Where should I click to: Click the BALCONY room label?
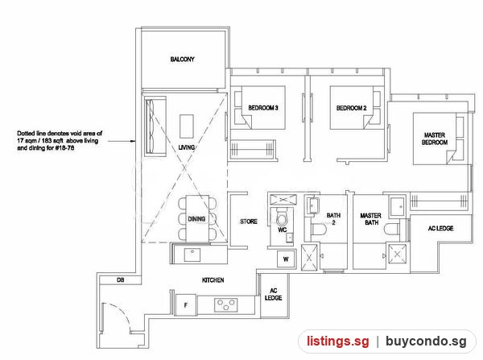[183, 59]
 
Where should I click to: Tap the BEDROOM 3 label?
[263, 108]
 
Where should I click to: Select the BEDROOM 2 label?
[352, 108]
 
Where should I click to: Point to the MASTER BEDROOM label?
[435, 139]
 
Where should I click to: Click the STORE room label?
[249, 221]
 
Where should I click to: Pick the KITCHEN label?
[213, 280]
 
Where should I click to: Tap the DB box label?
[121, 280]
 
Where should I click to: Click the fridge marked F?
[186, 304]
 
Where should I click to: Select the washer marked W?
[286, 259]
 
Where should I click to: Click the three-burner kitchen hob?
[225, 304]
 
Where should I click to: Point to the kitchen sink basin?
[192, 255]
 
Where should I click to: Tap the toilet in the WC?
[281, 217]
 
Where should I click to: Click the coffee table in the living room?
[187, 126]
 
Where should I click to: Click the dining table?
[197, 218]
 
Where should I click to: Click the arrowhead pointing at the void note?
[133, 141]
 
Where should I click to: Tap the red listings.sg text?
[337, 341]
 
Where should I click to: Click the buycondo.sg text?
[426, 341]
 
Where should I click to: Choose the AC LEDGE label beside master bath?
[441, 229]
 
